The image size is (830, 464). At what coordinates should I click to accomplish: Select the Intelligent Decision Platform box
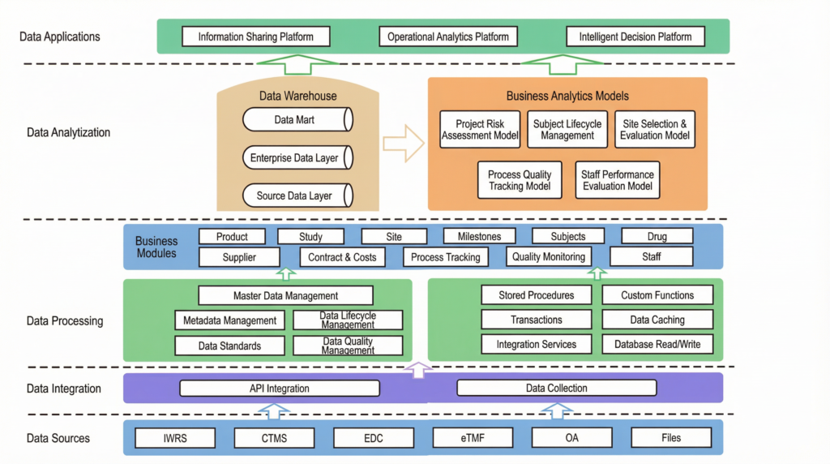coord(635,37)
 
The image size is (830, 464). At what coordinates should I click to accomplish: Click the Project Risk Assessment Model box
coord(480,130)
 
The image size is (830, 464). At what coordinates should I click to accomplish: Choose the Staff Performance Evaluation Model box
coord(617,180)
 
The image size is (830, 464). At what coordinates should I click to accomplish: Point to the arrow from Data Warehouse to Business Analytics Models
coord(403,144)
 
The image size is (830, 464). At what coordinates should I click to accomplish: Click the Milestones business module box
coord(478,236)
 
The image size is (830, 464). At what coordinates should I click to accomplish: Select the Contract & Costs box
coord(342,257)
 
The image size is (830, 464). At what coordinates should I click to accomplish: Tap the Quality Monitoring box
coord(548,257)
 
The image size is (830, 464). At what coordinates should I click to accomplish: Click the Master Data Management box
coord(285,296)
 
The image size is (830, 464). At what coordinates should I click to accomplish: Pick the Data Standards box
coord(229,346)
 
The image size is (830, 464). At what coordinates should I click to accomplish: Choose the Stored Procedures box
coord(537,295)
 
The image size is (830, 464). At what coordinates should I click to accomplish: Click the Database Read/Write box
coord(657,345)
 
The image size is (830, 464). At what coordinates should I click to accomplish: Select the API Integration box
coord(279,389)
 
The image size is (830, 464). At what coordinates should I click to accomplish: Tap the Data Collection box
coord(556,389)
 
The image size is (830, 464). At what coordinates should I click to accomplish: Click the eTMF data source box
coord(473,438)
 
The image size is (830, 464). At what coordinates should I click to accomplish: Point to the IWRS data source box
coord(175,438)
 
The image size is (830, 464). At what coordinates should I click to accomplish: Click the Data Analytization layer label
coord(68,132)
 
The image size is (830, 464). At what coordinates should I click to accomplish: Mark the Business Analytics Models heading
coord(567,96)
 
